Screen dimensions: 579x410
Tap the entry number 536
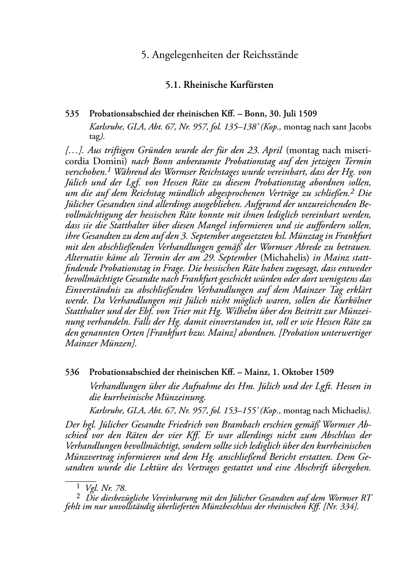point(72,372)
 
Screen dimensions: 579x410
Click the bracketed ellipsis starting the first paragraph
point(75,151)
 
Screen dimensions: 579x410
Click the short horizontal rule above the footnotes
point(80,481)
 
